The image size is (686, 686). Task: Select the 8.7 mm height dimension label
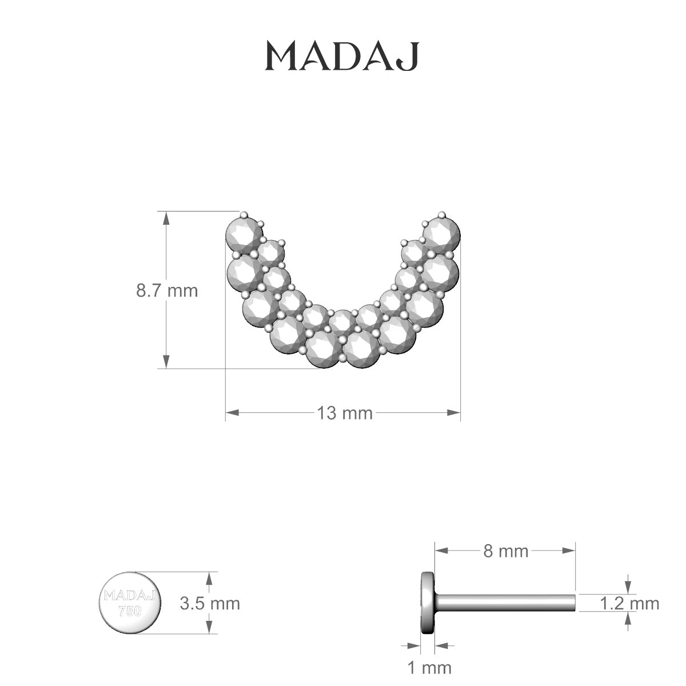[166, 290]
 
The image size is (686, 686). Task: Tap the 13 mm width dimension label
[345, 413]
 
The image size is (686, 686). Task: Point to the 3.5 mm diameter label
[210, 603]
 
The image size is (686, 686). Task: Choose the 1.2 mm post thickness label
[629, 603]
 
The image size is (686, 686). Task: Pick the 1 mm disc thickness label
[429, 667]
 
